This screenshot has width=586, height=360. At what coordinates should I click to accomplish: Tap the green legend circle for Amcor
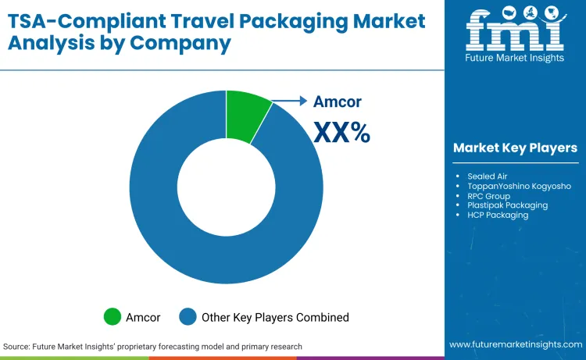point(113,317)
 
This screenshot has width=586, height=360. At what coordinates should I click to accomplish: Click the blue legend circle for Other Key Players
point(188,317)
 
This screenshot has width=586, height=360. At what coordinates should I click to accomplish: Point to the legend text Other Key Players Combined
point(275,317)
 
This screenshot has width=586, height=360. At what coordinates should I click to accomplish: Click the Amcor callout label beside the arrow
point(338,102)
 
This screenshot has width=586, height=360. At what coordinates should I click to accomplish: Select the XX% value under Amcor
point(341,133)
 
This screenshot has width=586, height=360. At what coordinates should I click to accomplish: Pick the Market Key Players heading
point(515,148)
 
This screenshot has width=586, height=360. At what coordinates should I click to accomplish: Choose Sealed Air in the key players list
point(487,176)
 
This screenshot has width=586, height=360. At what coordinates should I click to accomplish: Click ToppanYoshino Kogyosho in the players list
point(519,186)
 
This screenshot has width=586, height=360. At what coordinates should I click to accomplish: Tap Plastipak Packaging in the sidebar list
point(507,205)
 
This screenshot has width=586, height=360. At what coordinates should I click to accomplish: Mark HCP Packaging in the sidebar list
point(498,215)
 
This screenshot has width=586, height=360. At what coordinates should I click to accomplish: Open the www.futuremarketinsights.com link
point(515,344)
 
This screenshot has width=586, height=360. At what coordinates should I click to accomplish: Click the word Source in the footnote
point(17,346)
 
